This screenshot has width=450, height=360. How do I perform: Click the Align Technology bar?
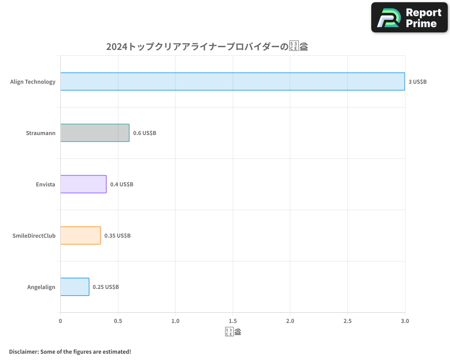(232, 81)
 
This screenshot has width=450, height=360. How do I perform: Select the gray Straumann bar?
(94, 133)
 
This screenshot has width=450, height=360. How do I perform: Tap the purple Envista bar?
(83, 184)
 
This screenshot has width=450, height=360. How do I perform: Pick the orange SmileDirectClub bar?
(80, 235)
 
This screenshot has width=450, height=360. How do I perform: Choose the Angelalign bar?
(75, 287)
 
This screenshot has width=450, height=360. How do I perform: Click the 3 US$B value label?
(417, 82)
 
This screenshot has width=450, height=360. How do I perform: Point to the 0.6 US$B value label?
(144, 133)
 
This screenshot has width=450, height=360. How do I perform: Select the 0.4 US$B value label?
(121, 184)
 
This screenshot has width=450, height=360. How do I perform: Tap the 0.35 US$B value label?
(117, 236)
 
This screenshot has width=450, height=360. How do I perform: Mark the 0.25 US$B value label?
(106, 287)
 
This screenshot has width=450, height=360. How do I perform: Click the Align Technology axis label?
(33, 82)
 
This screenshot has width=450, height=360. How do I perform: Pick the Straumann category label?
(40, 133)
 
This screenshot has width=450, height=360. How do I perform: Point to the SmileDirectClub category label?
(34, 236)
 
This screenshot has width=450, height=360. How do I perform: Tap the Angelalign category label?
(41, 287)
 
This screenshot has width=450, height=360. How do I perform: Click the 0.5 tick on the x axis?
(118, 321)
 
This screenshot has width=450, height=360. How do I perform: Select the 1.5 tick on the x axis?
(233, 321)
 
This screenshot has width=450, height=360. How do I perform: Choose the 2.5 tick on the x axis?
(347, 321)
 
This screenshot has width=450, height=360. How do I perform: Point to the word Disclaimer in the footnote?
(23, 351)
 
